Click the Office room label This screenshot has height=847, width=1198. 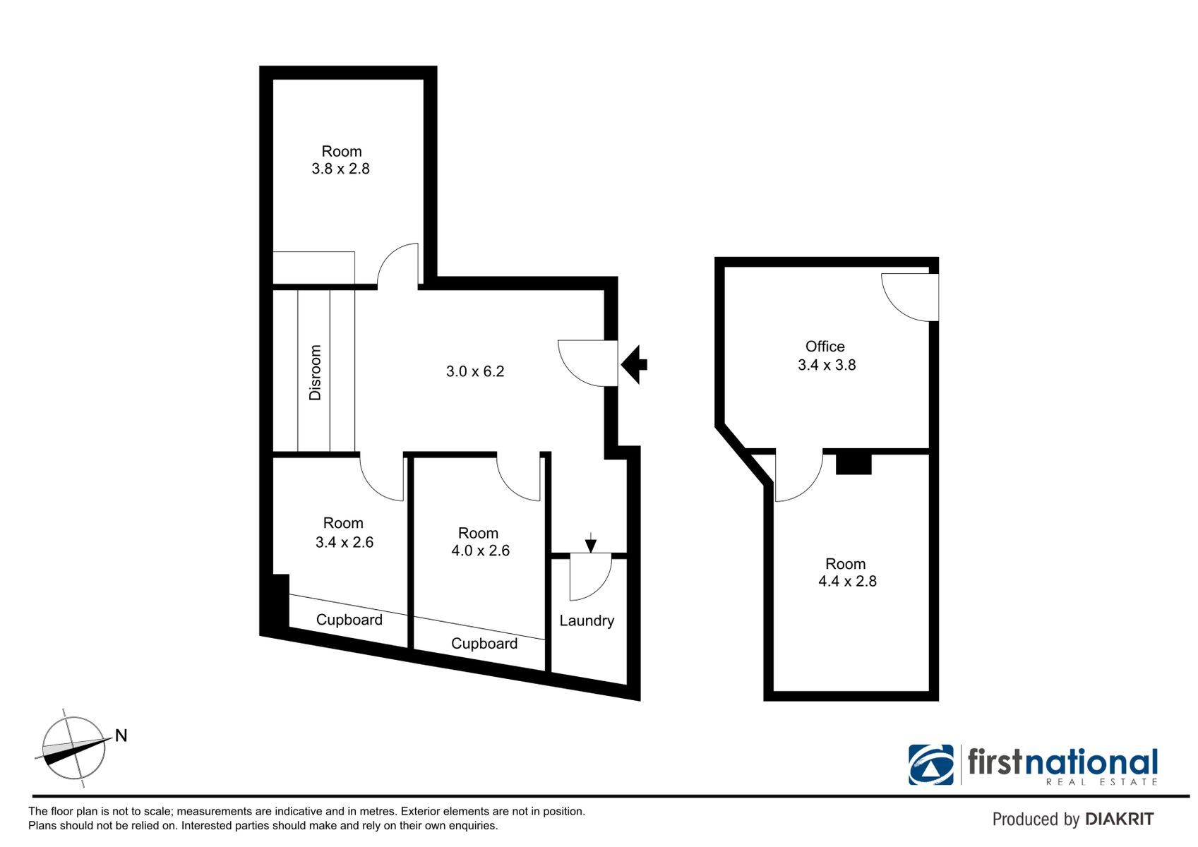825,347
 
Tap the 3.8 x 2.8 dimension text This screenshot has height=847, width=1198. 341,169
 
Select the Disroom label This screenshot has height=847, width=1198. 315,372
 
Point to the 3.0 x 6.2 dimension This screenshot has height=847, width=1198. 475,371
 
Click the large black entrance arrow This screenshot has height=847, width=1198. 635,365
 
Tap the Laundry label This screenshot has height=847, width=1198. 587,621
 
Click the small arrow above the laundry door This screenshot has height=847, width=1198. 590,542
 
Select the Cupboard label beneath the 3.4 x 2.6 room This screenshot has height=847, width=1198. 349,620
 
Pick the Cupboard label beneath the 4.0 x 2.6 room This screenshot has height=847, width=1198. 484,643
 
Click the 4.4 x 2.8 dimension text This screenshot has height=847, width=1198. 847,581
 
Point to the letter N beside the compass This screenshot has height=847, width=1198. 121,735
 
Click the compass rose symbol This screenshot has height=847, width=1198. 74,747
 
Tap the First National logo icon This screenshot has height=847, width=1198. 930,764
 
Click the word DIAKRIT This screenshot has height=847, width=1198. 1120,819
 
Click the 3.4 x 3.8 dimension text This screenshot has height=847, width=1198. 827,365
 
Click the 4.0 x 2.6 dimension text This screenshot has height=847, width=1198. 480,551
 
